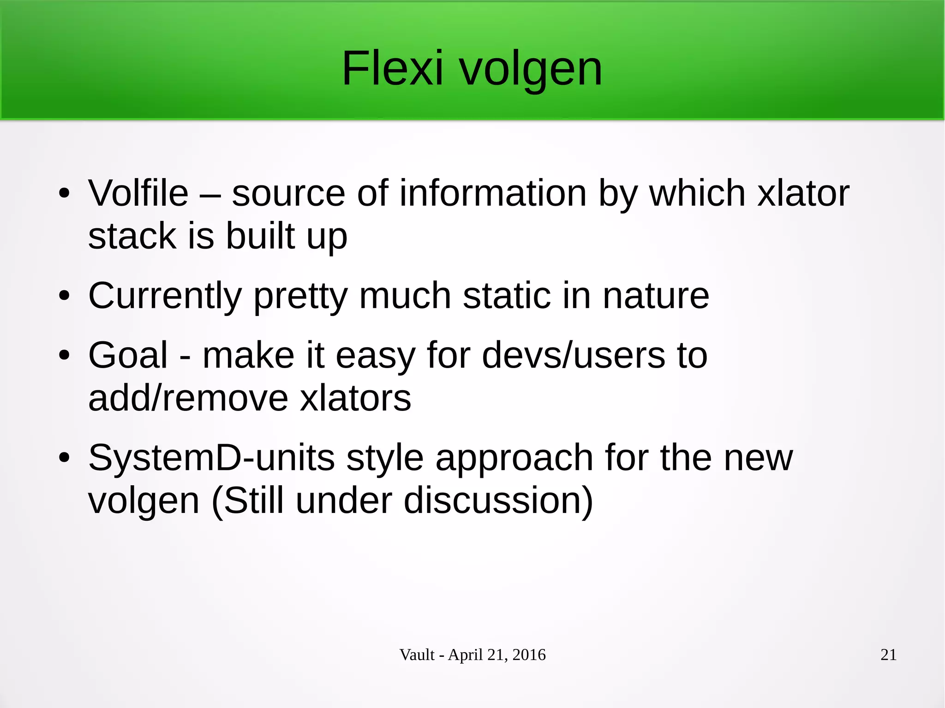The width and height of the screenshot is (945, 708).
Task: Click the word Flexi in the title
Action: coord(392,69)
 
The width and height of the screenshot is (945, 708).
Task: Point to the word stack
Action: coord(132,236)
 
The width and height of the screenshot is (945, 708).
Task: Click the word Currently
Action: coord(165,296)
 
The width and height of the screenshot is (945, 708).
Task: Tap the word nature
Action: coord(656,296)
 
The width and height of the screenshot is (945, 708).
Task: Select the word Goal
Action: coord(128,355)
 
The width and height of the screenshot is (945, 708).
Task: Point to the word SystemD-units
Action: coord(211,458)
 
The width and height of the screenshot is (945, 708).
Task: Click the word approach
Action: coord(514,458)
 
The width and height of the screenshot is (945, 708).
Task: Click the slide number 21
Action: coord(888,654)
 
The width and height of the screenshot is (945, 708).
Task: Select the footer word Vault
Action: coord(417,654)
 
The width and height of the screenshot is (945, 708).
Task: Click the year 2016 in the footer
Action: coord(529,654)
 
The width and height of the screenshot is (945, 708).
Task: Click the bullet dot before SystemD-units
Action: coord(64,458)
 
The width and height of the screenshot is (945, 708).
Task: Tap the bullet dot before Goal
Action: coord(64,355)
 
